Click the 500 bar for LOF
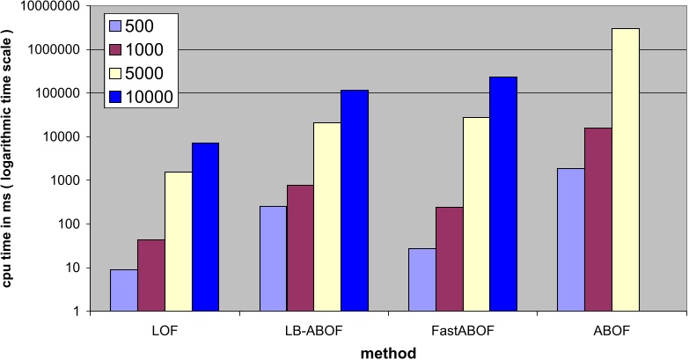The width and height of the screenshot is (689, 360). click(x=123, y=290)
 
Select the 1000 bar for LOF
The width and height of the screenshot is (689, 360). click(x=150, y=276)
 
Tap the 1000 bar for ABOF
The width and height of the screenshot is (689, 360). click(x=598, y=219)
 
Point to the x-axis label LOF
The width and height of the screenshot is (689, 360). click(x=165, y=332)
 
